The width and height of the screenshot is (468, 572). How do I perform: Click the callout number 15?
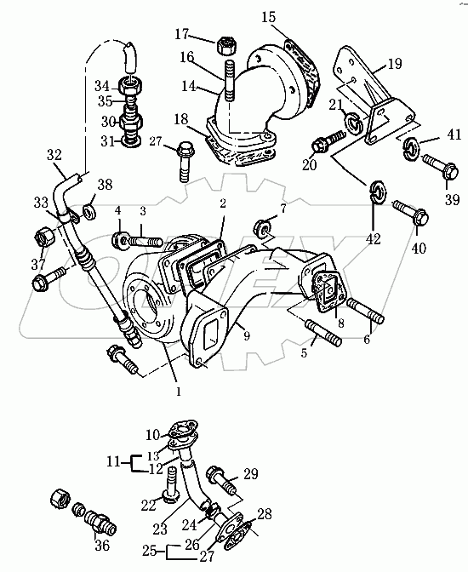[x=269, y=17]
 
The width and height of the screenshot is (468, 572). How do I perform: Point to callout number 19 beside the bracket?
[x=395, y=64]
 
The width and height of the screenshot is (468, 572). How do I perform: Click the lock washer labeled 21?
[x=353, y=123]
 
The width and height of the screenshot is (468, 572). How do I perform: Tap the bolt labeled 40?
[x=410, y=213]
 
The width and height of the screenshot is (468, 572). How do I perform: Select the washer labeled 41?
[x=411, y=149]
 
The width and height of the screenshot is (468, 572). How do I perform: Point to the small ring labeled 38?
[x=89, y=212]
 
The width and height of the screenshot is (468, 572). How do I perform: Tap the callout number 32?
[x=54, y=156]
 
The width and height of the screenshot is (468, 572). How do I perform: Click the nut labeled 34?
[x=130, y=87]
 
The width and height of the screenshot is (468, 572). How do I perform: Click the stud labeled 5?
[x=323, y=332]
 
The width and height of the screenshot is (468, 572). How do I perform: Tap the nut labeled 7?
[x=264, y=227]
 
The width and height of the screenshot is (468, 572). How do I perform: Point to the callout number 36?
[x=102, y=545]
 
